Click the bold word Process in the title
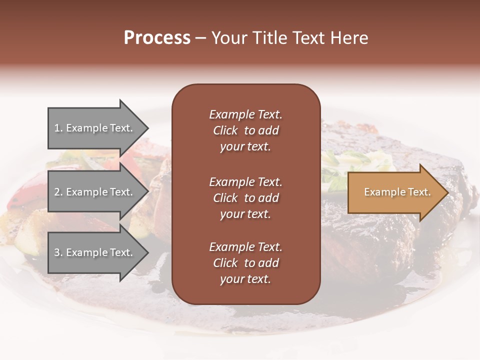click(x=157, y=38)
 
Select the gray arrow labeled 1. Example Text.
click(x=95, y=128)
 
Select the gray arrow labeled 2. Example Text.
click(x=95, y=192)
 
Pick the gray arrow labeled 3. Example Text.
click(x=95, y=252)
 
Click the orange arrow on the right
click(x=395, y=192)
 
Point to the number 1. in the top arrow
click(x=58, y=128)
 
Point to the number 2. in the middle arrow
click(x=58, y=192)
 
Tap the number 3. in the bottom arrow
click(x=58, y=252)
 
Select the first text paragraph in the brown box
click(x=245, y=130)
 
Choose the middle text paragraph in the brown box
click(x=245, y=198)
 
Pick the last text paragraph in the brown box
click(x=245, y=263)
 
